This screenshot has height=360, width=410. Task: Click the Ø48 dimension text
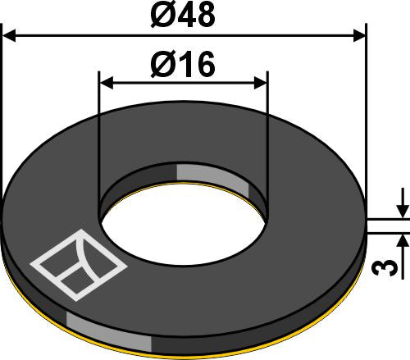pos(183,16)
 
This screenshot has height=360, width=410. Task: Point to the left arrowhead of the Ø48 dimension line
pos(10,35)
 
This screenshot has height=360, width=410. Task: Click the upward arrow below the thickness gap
pos(402,240)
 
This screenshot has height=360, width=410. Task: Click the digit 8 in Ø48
pos(207,16)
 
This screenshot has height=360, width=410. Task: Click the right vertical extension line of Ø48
pos(365,123)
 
